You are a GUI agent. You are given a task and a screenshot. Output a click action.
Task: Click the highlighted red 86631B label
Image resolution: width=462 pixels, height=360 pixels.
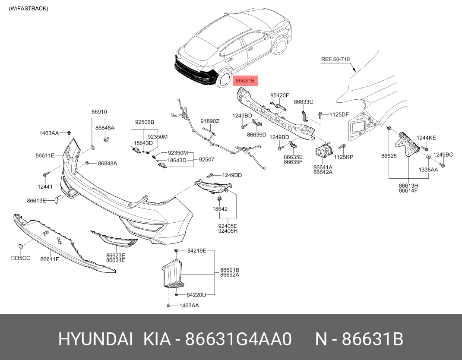click(245, 80)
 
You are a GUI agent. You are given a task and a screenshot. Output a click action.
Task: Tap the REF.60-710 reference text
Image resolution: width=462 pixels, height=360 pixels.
click(335, 59)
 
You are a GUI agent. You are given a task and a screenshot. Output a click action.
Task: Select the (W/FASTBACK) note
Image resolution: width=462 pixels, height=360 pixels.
click(28, 9)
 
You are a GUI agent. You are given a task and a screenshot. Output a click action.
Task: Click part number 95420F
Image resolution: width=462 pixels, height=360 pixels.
click(280, 95)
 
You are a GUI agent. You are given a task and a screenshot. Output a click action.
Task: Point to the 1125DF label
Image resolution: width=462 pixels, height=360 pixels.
click(339, 114)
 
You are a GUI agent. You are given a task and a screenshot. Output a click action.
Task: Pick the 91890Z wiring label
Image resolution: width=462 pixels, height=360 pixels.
click(210, 121)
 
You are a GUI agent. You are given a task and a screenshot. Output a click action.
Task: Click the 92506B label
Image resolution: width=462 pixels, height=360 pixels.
click(145, 122)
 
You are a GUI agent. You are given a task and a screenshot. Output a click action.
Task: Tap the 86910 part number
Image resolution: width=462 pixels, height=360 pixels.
click(99, 112)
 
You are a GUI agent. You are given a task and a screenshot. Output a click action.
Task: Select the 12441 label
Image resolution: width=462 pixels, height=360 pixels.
click(45, 186)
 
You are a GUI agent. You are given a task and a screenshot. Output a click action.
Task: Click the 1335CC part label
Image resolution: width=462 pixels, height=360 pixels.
click(20, 258)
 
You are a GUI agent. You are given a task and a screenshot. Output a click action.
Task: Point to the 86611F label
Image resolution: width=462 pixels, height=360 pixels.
click(50, 259)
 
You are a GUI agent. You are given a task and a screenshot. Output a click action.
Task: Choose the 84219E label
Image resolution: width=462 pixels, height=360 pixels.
click(197, 251)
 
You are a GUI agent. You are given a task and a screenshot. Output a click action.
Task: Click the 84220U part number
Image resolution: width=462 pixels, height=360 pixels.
click(196, 295)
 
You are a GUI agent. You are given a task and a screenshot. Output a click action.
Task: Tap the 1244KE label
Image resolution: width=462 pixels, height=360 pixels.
click(426, 138)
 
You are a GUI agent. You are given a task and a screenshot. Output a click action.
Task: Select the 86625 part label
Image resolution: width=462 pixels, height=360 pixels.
click(389, 156)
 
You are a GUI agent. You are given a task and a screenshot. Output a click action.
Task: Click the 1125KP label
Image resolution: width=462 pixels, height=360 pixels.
click(343, 157)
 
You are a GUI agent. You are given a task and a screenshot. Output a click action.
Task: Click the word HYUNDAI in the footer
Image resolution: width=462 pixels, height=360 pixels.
click(95, 339)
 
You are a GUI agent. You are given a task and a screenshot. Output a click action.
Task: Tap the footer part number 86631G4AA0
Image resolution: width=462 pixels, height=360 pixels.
click(238, 339)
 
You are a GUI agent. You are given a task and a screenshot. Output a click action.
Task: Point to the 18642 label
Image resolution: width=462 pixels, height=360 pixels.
click(220, 209)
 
